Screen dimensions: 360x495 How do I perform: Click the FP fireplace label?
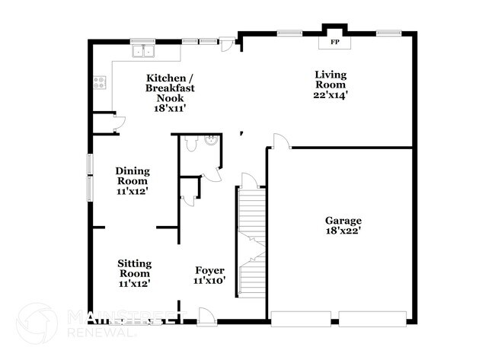click(x=334, y=42)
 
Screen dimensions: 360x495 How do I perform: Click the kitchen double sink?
click(x=142, y=52)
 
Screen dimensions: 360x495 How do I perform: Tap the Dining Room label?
click(x=132, y=176)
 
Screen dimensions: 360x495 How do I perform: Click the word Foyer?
click(x=209, y=270)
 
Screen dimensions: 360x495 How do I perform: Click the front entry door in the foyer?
click(x=204, y=314)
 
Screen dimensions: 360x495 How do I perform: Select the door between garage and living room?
click(x=279, y=142)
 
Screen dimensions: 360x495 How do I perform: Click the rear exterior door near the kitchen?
click(x=227, y=45)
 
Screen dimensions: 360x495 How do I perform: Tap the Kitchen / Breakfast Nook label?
click(x=170, y=88)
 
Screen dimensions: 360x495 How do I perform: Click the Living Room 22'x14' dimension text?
click(x=331, y=95)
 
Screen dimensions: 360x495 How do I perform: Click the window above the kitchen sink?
click(x=142, y=40)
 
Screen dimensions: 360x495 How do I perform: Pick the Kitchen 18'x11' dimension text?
click(x=171, y=108)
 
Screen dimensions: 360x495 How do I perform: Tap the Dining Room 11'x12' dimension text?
click(x=132, y=192)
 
